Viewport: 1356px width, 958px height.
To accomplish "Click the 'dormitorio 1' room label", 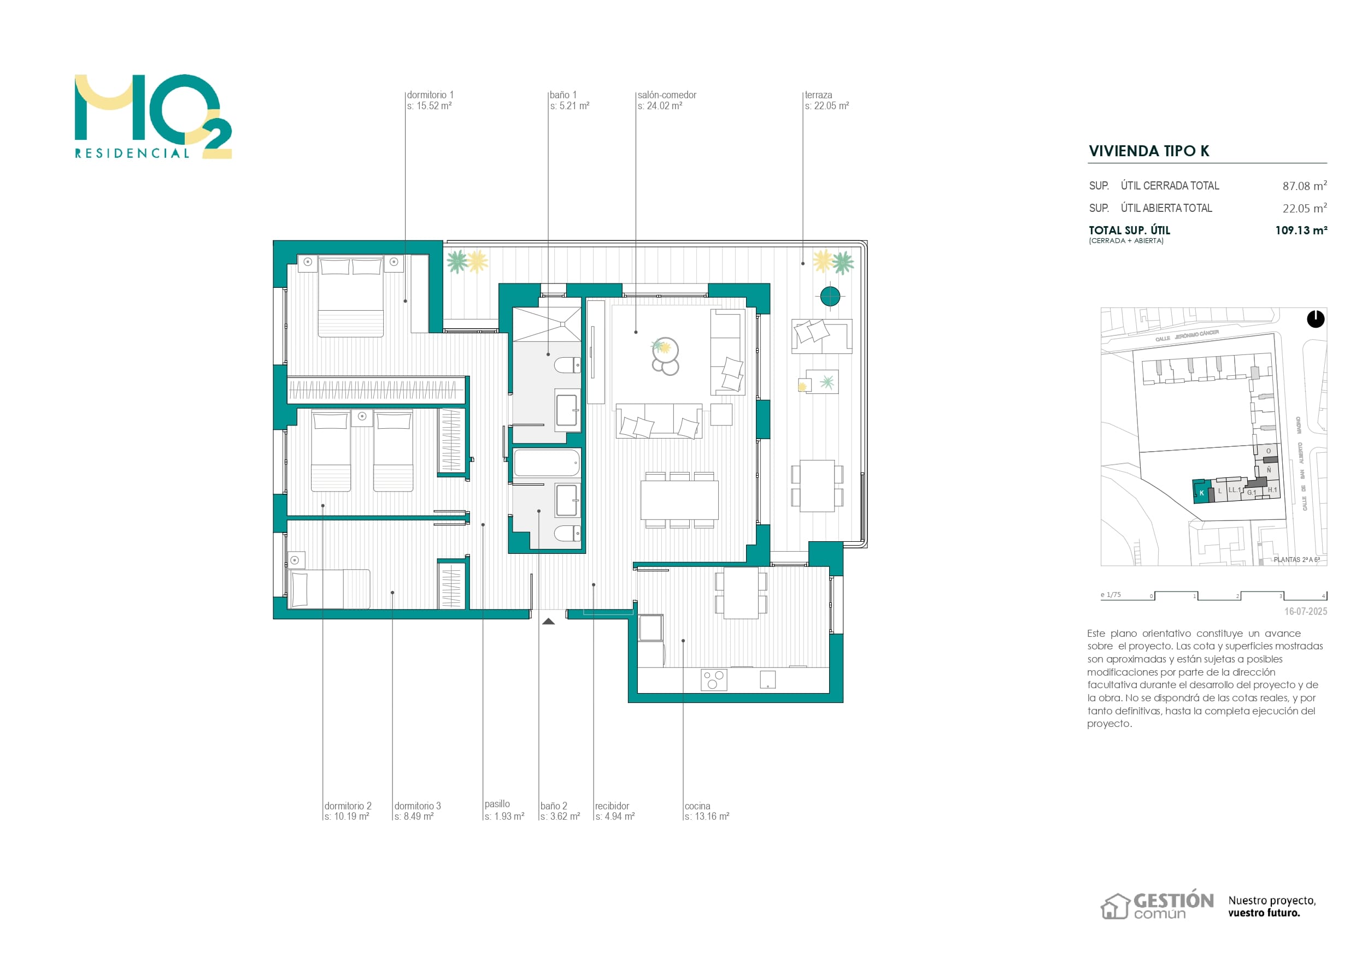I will click(x=430, y=95).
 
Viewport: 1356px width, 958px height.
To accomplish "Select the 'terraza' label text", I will click(x=819, y=95).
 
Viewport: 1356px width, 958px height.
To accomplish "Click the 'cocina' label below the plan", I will click(x=697, y=806).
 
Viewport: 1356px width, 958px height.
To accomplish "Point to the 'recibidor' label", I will click(x=612, y=806).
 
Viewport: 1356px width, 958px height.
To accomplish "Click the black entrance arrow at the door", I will click(x=549, y=621).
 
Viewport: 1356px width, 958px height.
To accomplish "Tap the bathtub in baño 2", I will click(x=547, y=463).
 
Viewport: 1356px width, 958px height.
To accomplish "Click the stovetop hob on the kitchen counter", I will click(x=713, y=680).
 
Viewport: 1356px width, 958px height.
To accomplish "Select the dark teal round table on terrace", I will click(x=830, y=295).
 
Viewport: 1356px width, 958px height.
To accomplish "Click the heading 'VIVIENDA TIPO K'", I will click(x=1149, y=151).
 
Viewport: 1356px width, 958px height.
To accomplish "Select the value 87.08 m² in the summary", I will click(x=1304, y=186).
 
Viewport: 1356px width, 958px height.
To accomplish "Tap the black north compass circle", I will click(x=1315, y=320).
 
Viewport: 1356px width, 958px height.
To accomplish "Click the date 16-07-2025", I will click(x=1305, y=612).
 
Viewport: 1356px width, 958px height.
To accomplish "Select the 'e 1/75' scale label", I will click(x=1110, y=595).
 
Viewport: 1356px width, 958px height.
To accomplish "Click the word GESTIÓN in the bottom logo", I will click(x=1173, y=901).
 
